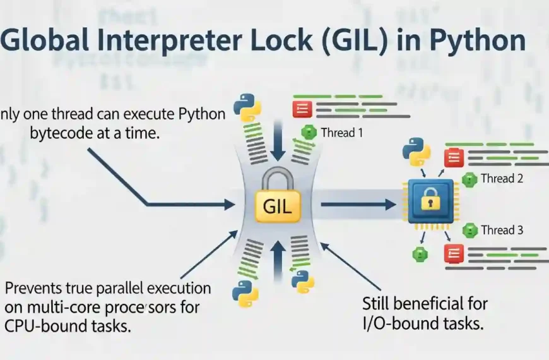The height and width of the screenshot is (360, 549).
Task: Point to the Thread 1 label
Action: [342, 133]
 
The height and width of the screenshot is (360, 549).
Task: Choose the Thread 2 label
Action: [502, 179]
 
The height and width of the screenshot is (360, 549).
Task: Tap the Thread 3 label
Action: [502, 231]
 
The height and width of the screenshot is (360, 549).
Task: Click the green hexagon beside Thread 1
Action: [309, 133]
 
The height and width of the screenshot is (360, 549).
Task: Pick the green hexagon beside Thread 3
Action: [469, 231]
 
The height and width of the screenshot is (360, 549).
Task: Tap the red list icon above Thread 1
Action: [302, 108]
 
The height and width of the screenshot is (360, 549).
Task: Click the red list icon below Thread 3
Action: [453, 254]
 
